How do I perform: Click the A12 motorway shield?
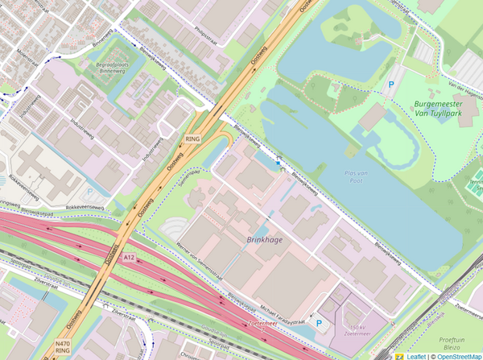[130, 257]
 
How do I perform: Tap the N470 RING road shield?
[63, 348]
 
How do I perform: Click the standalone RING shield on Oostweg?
[192, 139]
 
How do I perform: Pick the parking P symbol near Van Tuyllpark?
[392, 83]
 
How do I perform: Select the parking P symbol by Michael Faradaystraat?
[319, 324]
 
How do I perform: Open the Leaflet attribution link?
[415, 355]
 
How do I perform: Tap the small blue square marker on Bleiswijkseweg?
[279, 163]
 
